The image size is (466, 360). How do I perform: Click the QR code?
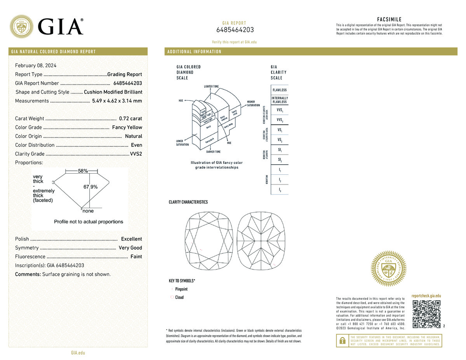(426, 314)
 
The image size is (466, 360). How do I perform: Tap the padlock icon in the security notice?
(342, 341)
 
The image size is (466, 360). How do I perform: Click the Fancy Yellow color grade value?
(127, 127)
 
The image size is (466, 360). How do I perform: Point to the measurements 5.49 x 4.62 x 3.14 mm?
(117, 101)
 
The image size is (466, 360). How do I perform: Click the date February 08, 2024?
(36, 66)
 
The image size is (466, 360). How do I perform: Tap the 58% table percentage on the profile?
(83, 171)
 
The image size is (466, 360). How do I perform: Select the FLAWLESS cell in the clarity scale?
(280, 90)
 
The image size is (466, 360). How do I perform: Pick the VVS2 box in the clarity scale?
(280, 120)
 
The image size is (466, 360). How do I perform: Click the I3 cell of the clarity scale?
(280, 190)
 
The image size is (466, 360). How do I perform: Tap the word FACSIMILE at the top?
(389, 19)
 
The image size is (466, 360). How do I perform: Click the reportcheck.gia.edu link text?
(426, 296)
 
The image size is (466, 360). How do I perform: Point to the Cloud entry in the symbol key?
(179, 297)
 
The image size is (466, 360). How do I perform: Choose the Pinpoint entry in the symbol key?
(181, 289)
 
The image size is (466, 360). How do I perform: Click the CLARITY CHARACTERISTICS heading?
(188, 202)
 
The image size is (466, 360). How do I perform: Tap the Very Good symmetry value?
(130, 248)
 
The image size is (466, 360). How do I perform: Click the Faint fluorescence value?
(136, 257)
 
